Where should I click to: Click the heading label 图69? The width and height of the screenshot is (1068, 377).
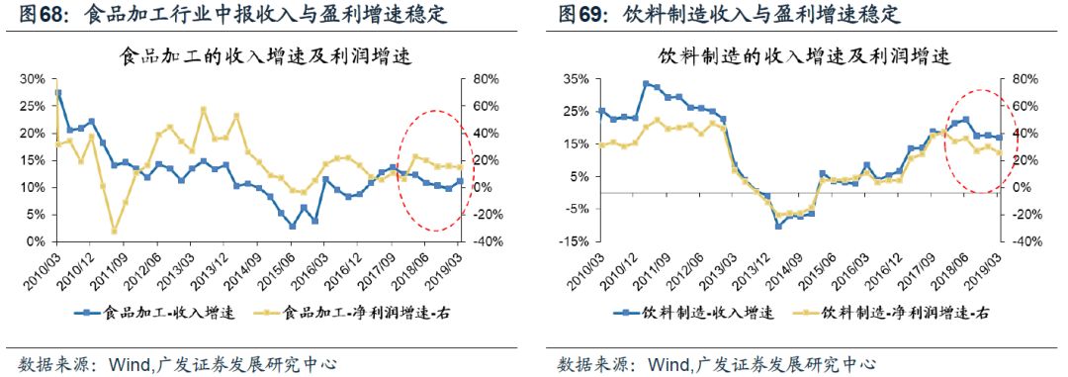[579, 15]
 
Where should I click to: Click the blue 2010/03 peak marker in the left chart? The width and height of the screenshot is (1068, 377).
[58, 93]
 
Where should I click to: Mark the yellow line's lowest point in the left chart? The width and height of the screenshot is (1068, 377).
[114, 232]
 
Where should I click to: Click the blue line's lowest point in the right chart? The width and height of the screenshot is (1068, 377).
[778, 226]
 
